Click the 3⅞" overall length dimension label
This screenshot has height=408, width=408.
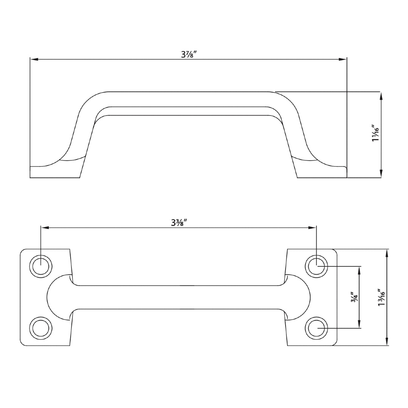pyautogui.click(x=189, y=54)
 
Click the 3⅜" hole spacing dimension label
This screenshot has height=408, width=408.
pyautogui.click(x=179, y=223)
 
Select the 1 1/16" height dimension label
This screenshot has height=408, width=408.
pyautogui.click(x=375, y=133)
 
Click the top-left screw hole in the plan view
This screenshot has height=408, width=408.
pyautogui.click(x=40, y=267)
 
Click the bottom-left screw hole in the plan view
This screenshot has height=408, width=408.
pyautogui.click(x=40, y=328)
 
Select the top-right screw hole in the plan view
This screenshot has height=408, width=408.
pyautogui.click(x=316, y=267)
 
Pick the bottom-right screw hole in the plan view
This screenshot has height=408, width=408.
pyautogui.click(x=316, y=328)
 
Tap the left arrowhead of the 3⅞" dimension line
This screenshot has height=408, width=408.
pyautogui.click(x=34, y=59)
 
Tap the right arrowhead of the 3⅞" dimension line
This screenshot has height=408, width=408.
pyautogui.click(x=343, y=59)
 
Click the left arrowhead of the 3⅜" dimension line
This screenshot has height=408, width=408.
pyautogui.click(x=45, y=228)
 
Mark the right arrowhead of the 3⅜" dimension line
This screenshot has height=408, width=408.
pyautogui.click(x=312, y=228)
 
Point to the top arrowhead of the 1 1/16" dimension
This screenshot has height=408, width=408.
pyautogui.click(x=381, y=96)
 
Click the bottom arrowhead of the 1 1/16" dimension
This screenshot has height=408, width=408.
pyautogui.click(x=381, y=174)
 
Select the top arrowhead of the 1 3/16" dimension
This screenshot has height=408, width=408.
pyautogui.click(x=386, y=253)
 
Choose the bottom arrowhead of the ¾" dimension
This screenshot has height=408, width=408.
pyautogui.click(x=359, y=324)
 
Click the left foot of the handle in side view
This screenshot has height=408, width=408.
pyautogui.click(x=55, y=172)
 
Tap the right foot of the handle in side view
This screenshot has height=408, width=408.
pyautogui.click(x=322, y=172)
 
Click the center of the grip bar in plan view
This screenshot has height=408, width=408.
pyautogui.click(x=178, y=297)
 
